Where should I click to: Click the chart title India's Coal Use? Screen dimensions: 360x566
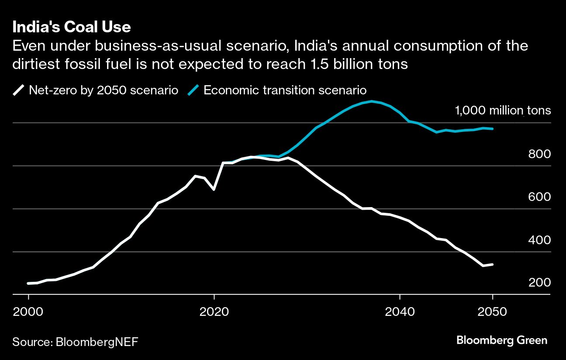(72, 28)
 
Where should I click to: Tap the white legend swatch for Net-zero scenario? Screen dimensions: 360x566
(19, 90)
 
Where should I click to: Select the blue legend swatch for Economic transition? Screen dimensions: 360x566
(193, 90)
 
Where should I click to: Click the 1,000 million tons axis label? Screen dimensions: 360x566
(503, 111)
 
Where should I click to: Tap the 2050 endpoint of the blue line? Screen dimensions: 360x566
(493, 129)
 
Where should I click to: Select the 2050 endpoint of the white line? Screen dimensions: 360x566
(493, 264)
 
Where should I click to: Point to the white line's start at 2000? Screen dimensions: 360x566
(28, 284)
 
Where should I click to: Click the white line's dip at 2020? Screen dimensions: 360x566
(214, 190)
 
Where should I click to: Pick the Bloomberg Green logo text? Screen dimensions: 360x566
(502, 340)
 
